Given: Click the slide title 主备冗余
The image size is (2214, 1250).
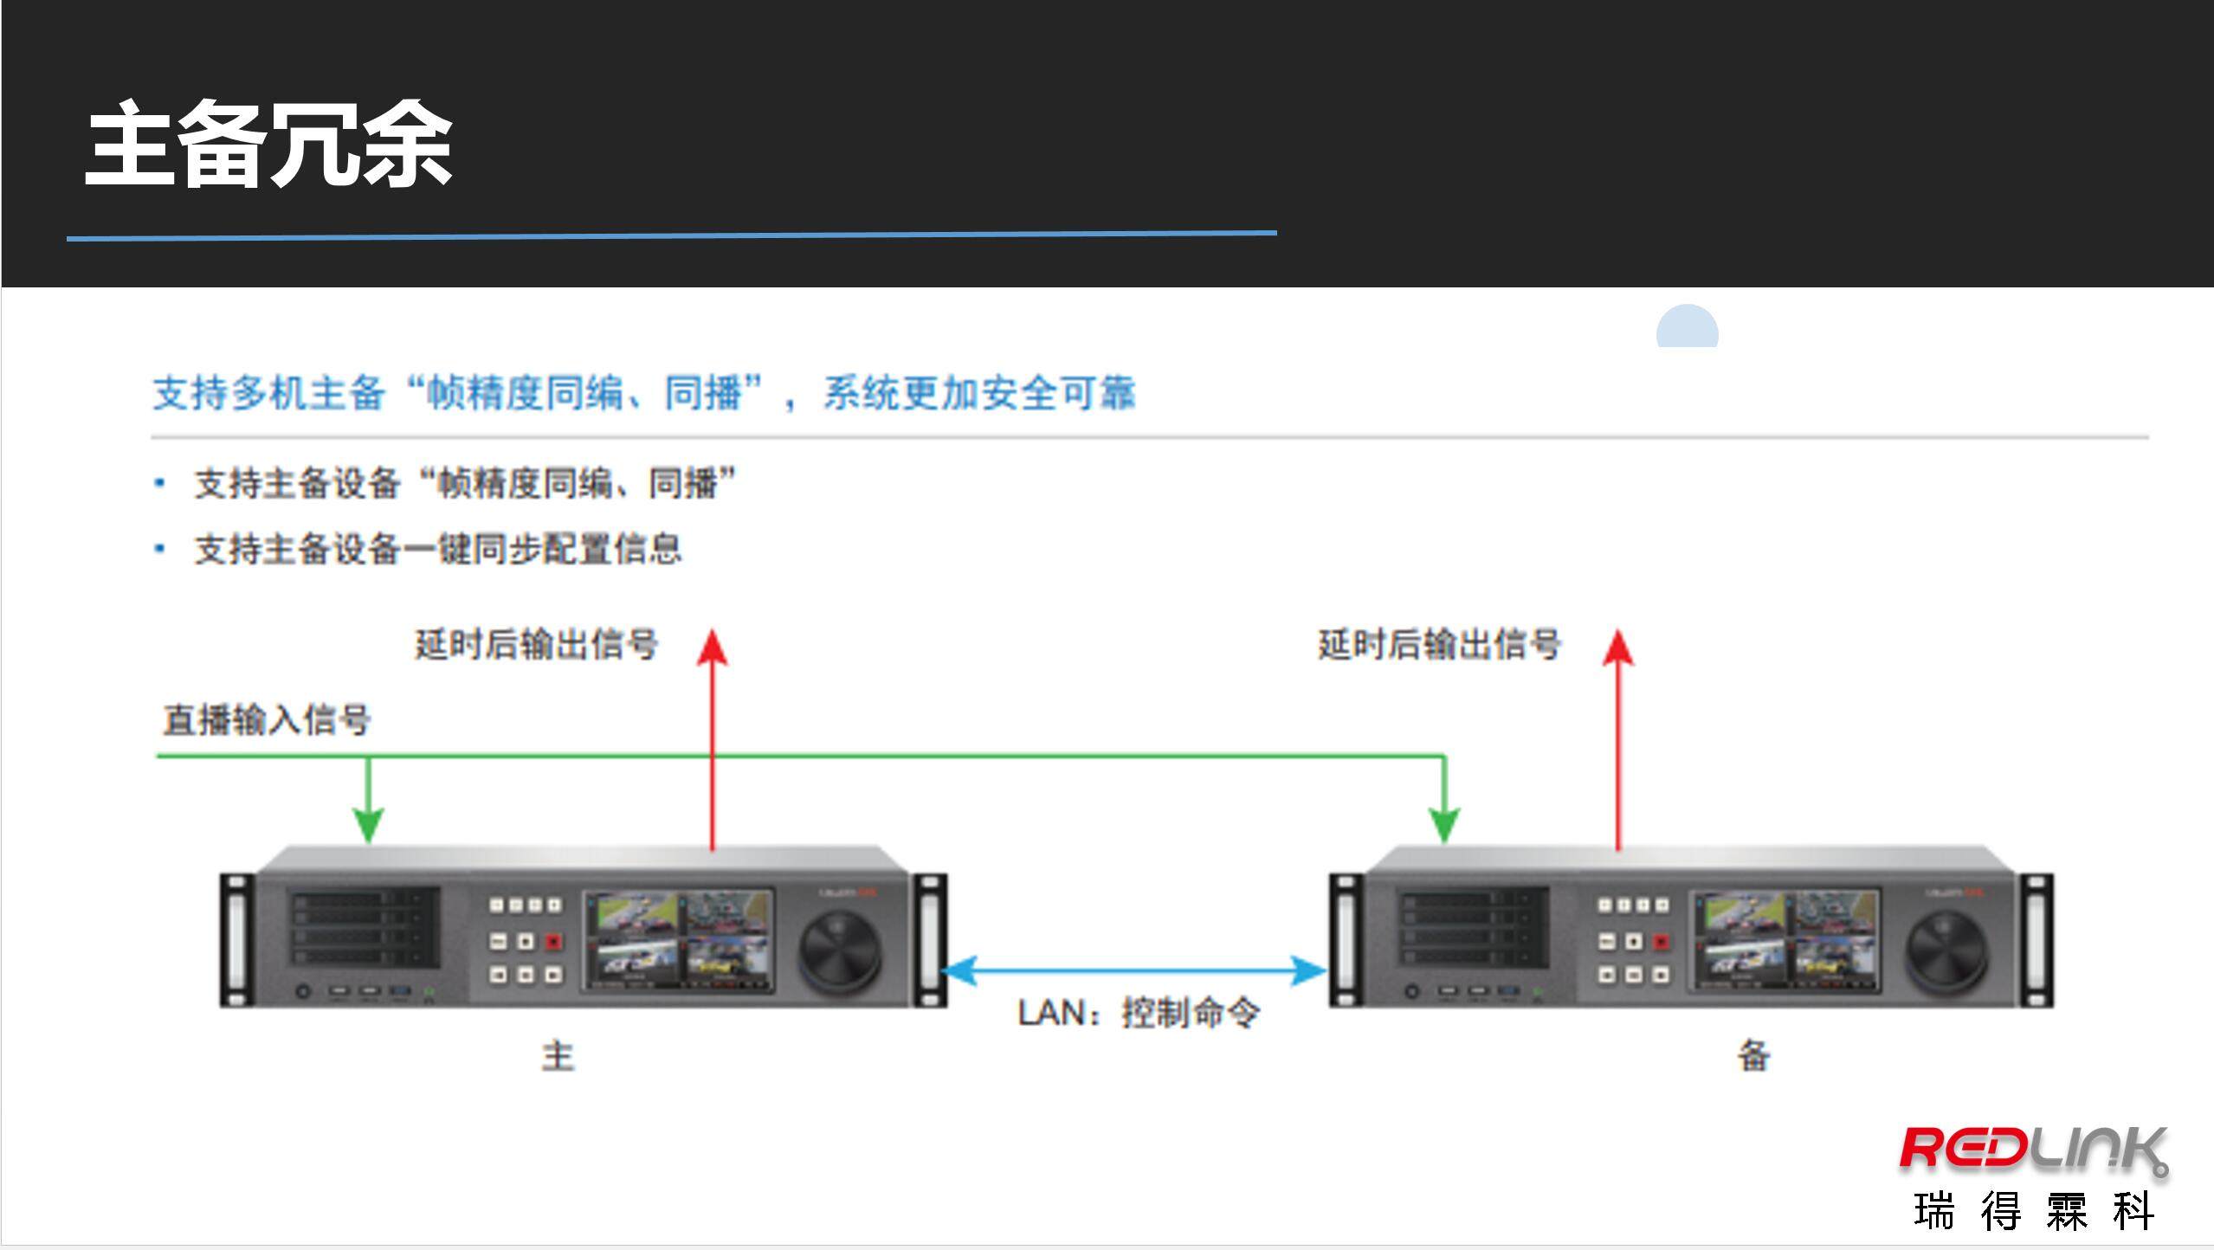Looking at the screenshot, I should click(x=268, y=145).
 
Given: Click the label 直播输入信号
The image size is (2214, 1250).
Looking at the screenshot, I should click(x=267, y=720).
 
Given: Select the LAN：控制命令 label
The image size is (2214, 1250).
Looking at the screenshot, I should click(x=1138, y=1013).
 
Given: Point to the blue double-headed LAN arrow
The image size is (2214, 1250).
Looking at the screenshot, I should click(x=1134, y=970).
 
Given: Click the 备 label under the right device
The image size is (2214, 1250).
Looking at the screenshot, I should click(x=1753, y=1056).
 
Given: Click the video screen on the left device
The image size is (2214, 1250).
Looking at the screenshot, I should click(x=679, y=939).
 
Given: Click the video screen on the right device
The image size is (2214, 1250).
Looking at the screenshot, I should click(x=1786, y=939).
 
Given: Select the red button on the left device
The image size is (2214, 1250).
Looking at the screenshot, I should click(x=553, y=941).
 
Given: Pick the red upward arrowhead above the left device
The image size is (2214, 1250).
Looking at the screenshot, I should click(x=713, y=648).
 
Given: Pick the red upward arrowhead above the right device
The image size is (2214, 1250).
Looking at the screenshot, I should click(x=1617, y=648).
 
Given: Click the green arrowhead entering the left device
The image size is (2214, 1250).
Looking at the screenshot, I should click(x=369, y=824).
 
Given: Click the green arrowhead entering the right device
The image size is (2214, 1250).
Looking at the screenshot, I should click(x=1443, y=824).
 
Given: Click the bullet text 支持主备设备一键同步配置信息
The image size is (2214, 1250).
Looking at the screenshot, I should click(x=438, y=550).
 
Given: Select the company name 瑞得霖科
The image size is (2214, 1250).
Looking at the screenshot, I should click(x=2032, y=1211).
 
